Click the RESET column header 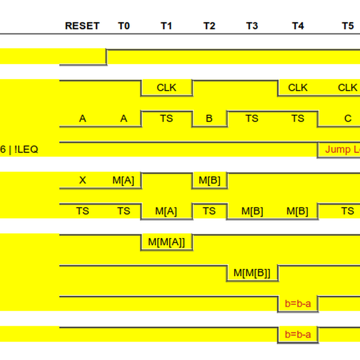point(82,26)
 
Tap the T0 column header point(124,26)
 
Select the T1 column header point(166,26)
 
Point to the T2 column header point(209,26)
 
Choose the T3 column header point(252,26)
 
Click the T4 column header point(298,26)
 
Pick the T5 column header point(347,26)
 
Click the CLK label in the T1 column point(166,88)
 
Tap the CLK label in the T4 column point(298,88)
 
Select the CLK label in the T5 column point(347,88)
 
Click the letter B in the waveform point(209,119)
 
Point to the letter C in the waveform point(347,119)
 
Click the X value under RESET point(82,181)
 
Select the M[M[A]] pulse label point(166,242)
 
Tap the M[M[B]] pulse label point(252,273)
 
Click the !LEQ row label point(24,149)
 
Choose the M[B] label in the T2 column point(209,181)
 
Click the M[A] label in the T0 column point(124,181)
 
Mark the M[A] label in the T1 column point(166,211)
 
